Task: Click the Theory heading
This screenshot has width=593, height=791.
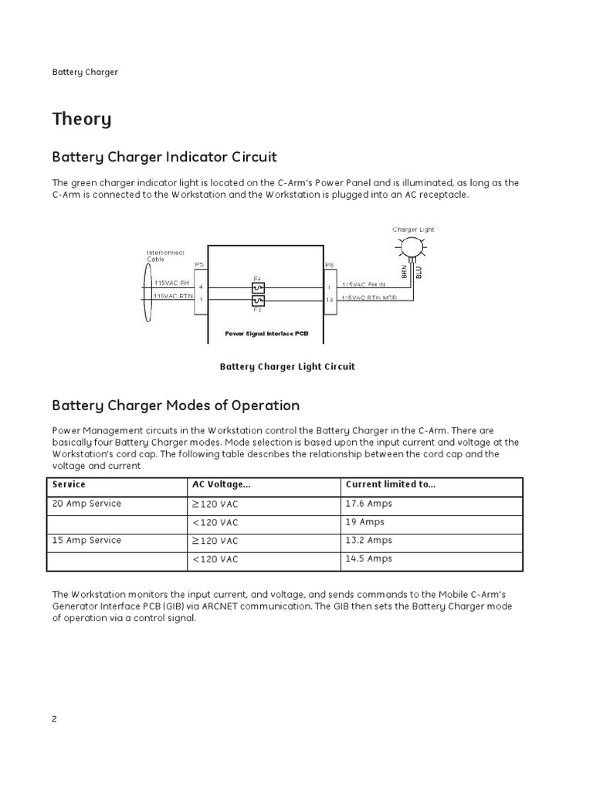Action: pyautogui.click(x=81, y=119)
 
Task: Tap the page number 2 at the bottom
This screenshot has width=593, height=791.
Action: pyautogui.click(x=55, y=718)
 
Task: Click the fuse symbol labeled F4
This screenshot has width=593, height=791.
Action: pyautogui.click(x=258, y=287)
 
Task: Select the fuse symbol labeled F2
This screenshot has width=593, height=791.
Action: pyautogui.click(x=258, y=300)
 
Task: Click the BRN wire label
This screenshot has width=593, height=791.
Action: pyautogui.click(x=405, y=272)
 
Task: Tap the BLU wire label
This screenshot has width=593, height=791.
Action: pyautogui.click(x=418, y=272)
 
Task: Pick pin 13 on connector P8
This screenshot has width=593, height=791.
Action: pyautogui.click(x=330, y=300)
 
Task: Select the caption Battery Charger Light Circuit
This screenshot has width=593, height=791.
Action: pyautogui.click(x=287, y=367)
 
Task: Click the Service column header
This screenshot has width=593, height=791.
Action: pyautogui.click(x=69, y=484)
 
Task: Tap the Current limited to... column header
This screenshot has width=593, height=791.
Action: pyautogui.click(x=391, y=484)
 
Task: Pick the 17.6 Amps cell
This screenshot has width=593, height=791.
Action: pyautogui.click(x=369, y=504)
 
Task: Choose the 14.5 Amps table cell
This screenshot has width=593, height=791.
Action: pyautogui.click(x=369, y=558)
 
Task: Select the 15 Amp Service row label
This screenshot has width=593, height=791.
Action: pyautogui.click(x=86, y=540)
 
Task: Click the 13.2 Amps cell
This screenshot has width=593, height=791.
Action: pyautogui.click(x=369, y=540)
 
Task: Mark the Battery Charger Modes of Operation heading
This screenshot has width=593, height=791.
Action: pyautogui.click(x=175, y=406)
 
